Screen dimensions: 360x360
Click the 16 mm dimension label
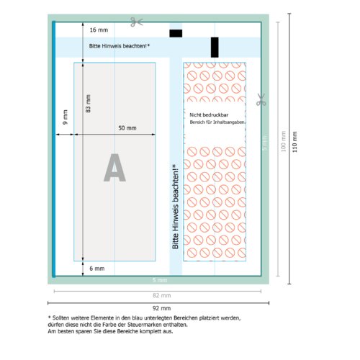tap(99, 30)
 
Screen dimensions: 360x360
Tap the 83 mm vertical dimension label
tap(88, 104)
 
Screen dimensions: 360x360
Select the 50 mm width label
tap(127, 128)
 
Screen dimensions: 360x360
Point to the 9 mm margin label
tap(65, 117)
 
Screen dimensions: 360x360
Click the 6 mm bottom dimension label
tap(97, 269)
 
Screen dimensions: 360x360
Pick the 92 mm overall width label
tap(161, 308)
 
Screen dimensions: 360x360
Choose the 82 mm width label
tap(162, 295)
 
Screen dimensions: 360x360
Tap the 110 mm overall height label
tap(294, 142)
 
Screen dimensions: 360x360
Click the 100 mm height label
tap(283, 141)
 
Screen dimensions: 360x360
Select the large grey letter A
tap(114, 168)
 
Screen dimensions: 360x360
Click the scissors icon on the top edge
tap(137, 22)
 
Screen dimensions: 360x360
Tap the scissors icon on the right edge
tap(261, 99)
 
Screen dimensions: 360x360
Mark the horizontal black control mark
tap(176, 33)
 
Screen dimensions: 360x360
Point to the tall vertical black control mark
tap(215, 48)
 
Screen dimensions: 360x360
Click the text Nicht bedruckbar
tap(209, 115)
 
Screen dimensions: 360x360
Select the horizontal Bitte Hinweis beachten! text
tap(120, 46)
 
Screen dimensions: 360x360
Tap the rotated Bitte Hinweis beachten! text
tap(175, 207)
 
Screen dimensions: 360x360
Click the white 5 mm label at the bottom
tap(160, 280)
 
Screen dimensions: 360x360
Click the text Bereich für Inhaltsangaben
tap(217, 122)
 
